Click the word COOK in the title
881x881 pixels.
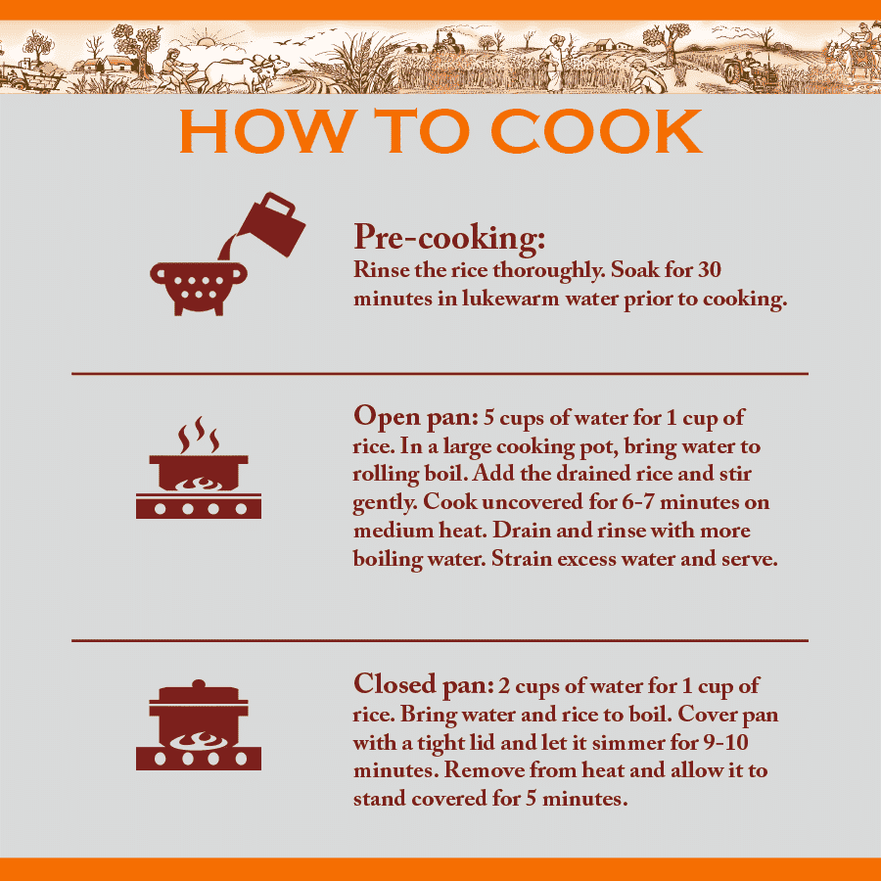(596, 131)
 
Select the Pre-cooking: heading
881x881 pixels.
(449, 238)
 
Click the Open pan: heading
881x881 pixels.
(415, 417)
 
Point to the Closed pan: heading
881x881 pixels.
(424, 685)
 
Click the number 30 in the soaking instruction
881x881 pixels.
(709, 270)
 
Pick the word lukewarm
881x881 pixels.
(511, 298)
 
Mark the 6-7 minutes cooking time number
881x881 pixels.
(637, 502)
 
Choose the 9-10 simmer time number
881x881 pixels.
(726, 742)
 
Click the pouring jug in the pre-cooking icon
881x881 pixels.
(270, 225)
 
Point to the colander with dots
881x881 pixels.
(199, 288)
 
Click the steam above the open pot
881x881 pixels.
(199, 435)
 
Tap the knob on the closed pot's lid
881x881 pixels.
(199, 684)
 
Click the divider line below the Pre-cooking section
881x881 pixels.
(440, 373)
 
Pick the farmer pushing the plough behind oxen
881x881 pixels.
(173, 69)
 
